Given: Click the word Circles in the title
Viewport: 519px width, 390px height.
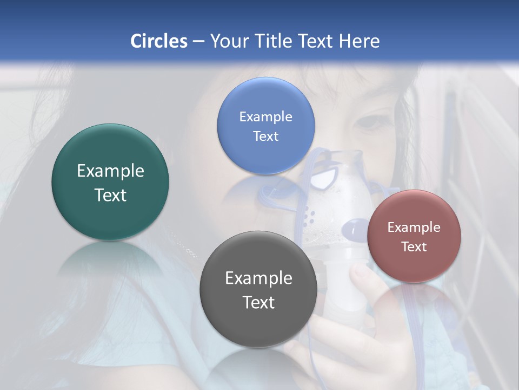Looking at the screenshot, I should click(158, 41).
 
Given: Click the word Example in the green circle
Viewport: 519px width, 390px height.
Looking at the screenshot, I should click(110, 171).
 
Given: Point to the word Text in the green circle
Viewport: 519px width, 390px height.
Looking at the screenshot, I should click(110, 195).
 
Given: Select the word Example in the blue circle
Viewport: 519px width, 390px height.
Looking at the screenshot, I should click(265, 116).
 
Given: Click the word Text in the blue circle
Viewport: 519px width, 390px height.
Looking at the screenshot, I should click(265, 136).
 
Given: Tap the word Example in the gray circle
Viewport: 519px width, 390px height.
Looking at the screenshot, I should click(258, 278).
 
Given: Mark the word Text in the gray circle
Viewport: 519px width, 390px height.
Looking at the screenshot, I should click(258, 302).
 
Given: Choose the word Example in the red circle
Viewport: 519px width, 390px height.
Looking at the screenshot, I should click(414, 227).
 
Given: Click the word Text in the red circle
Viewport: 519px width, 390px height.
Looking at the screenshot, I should click(414, 247).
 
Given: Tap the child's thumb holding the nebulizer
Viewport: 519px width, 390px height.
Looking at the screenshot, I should click(361, 274).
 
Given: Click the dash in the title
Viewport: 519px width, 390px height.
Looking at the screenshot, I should click(198, 42).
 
